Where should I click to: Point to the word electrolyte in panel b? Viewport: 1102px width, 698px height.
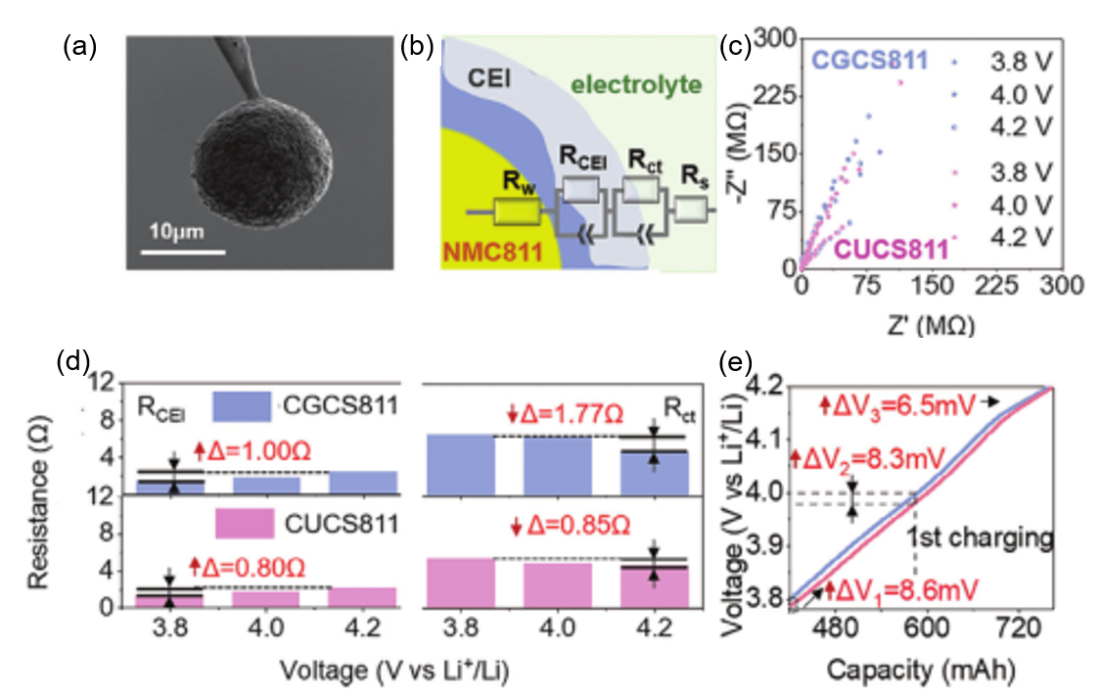tap(636, 85)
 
